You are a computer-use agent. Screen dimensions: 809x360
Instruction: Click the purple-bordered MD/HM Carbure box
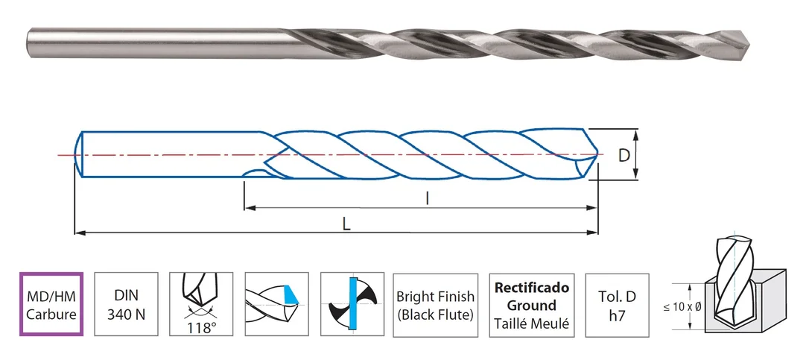tap(51, 304)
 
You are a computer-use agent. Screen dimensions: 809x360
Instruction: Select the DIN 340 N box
tap(127, 304)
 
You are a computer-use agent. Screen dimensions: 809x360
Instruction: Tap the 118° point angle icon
tap(201, 304)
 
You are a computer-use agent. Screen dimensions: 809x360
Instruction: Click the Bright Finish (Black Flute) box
tap(435, 305)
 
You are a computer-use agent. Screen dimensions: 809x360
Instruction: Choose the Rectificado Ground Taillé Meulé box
tap(532, 305)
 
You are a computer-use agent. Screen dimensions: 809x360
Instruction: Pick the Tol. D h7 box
tap(617, 305)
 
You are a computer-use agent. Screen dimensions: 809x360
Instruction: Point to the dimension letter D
tap(624, 156)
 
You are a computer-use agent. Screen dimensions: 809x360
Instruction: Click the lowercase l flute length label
tap(427, 198)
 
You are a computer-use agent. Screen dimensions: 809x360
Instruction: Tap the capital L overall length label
tap(346, 224)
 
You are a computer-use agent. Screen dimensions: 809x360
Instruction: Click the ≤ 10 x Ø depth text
tap(682, 307)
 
